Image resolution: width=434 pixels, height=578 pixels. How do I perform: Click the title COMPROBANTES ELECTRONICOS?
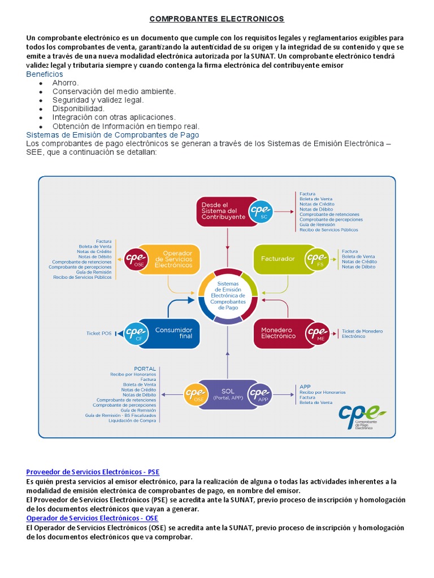(216, 19)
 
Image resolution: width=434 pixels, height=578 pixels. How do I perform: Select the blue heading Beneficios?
(45, 75)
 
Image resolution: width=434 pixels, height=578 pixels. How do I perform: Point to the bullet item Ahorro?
(66, 83)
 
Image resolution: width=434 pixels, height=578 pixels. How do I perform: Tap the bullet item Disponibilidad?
(78, 108)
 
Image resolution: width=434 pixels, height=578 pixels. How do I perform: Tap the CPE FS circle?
(316, 259)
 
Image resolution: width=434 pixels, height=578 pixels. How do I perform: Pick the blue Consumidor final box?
(173, 332)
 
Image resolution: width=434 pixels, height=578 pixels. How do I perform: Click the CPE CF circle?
(136, 332)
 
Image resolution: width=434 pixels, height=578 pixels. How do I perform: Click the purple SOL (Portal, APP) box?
(228, 393)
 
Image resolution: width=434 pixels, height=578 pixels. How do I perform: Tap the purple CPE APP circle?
(261, 393)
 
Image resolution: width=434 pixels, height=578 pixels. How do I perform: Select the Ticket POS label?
(99, 334)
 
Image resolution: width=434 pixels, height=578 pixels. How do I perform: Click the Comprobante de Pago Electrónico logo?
(362, 417)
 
